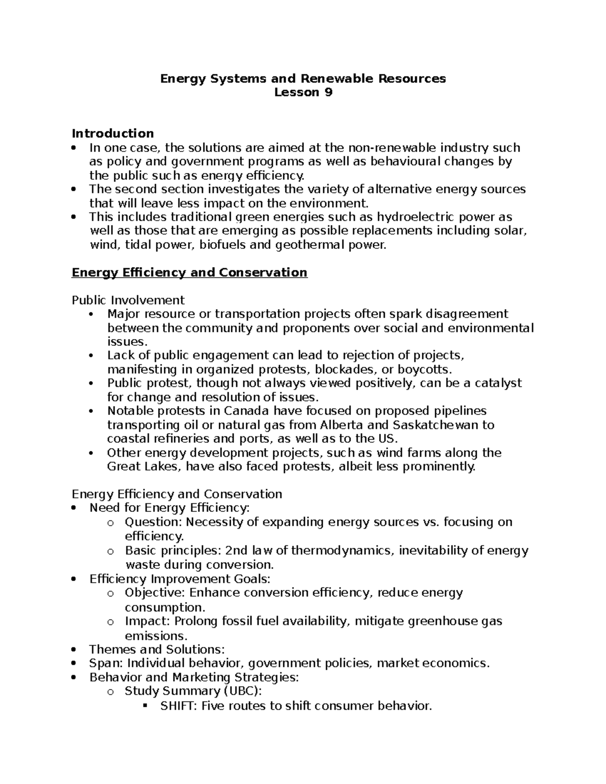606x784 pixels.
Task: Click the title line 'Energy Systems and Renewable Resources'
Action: (x=303, y=78)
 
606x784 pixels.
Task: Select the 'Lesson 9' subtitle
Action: (x=303, y=92)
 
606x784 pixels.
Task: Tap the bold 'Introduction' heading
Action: (x=113, y=133)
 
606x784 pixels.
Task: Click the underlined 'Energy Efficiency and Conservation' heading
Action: (x=189, y=273)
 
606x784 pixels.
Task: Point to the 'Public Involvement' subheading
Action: (x=128, y=300)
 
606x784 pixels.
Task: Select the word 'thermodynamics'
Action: (x=341, y=550)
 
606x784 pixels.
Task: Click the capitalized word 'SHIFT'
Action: (x=179, y=706)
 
